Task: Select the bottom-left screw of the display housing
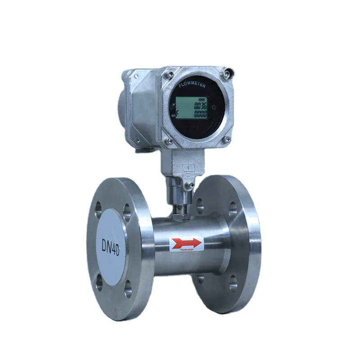pos(170,142)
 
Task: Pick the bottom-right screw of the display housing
pos(227,140)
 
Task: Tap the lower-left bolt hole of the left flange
pos(99,281)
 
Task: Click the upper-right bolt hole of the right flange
pos(233,207)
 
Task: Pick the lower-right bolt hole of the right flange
pos(233,282)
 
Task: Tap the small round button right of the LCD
pos(214,108)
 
